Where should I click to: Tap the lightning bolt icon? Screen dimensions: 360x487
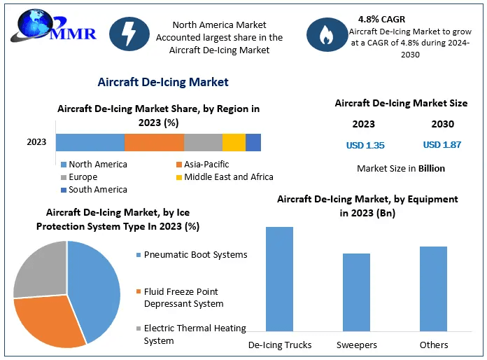point(128,34)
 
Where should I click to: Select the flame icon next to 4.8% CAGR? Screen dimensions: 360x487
point(326,34)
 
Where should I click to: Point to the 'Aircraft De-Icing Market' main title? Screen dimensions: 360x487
point(163,83)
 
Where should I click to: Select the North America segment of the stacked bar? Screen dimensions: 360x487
point(90,142)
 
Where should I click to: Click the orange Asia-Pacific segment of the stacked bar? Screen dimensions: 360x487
point(154,142)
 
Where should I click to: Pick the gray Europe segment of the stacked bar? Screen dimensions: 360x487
point(203,142)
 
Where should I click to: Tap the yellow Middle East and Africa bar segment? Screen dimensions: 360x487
point(234,142)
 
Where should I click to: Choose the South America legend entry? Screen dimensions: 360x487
point(93,190)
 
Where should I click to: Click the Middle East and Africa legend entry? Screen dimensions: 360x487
point(224,177)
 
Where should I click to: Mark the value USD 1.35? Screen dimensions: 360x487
point(365,146)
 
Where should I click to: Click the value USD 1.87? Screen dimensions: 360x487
point(442,145)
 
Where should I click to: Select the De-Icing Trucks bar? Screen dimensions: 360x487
point(279,278)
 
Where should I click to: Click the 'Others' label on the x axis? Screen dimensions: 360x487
point(433,345)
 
